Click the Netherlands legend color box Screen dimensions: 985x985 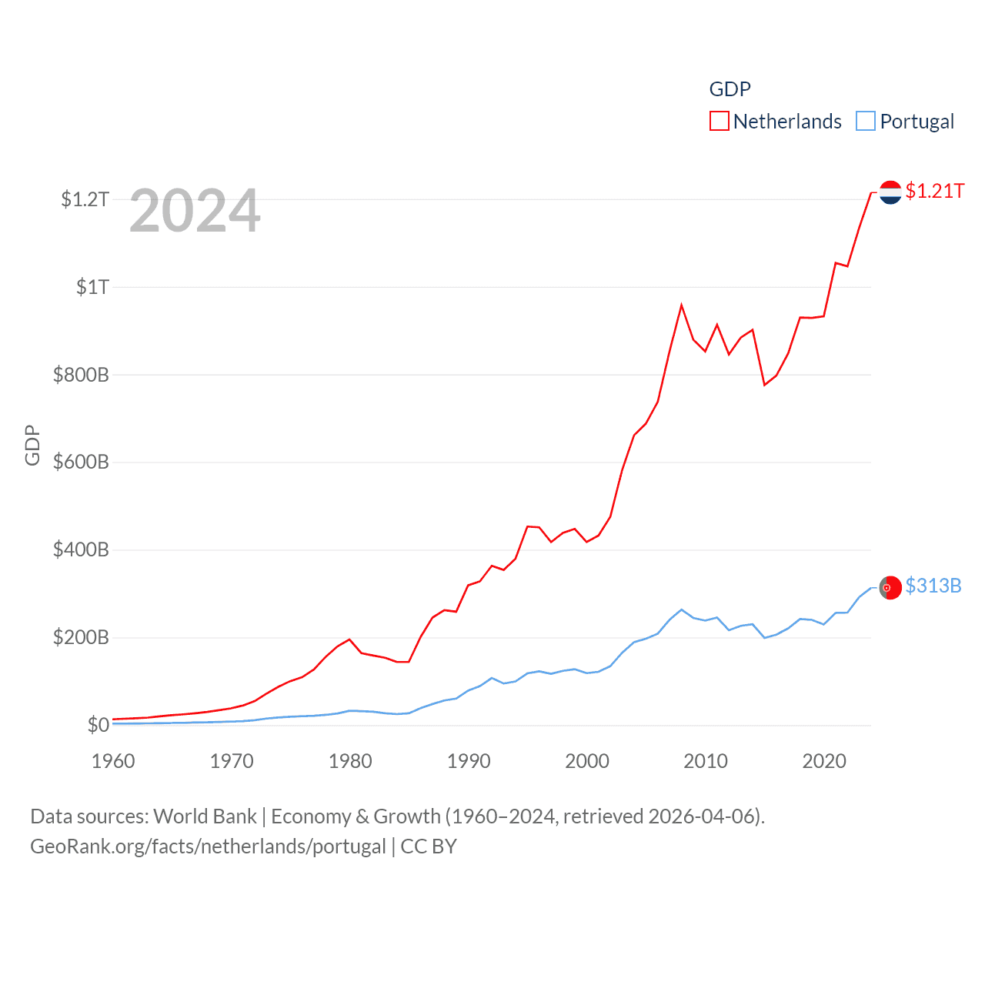[x=719, y=122]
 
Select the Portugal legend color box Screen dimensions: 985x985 [x=866, y=122]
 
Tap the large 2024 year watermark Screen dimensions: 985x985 [x=195, y=211]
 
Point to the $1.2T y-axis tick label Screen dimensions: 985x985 [x=85, y=199]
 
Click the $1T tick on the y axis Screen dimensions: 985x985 [x=92, y=287]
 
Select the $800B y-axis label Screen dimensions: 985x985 [x=81, y=375]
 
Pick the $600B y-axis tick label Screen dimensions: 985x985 [x=81, y=462]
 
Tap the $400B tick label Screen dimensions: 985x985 [x=81, y=549]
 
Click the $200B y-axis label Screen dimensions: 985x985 [x=81, y=637]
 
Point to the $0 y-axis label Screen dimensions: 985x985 [x=98, y=725]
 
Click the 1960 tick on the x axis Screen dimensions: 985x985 [x=113, y=761]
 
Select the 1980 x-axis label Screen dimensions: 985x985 [x=350, y=761]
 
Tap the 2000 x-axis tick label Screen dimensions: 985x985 [x=587, y=761]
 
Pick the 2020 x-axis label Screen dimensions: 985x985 [x=824, y=761]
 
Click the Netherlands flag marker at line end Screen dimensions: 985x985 [x=890, y=192]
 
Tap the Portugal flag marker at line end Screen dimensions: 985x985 [x=890, y=587]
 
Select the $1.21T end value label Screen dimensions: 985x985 [x=935, y=191]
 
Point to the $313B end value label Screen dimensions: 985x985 [x=933, y=586]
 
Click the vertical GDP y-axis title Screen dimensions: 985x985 [x=32, y=445]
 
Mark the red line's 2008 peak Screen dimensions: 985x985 [x=682, y=306]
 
